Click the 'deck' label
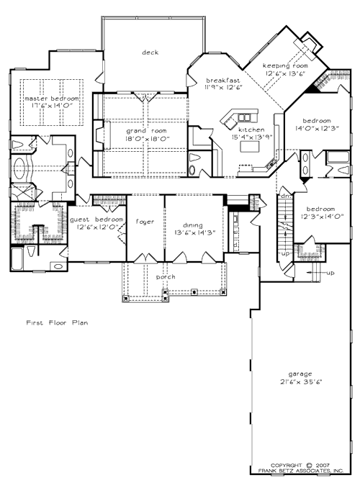150,53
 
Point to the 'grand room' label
148,131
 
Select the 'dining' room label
192,224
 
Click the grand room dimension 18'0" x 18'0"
148,139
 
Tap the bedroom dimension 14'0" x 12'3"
317,128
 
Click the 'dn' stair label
284,196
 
